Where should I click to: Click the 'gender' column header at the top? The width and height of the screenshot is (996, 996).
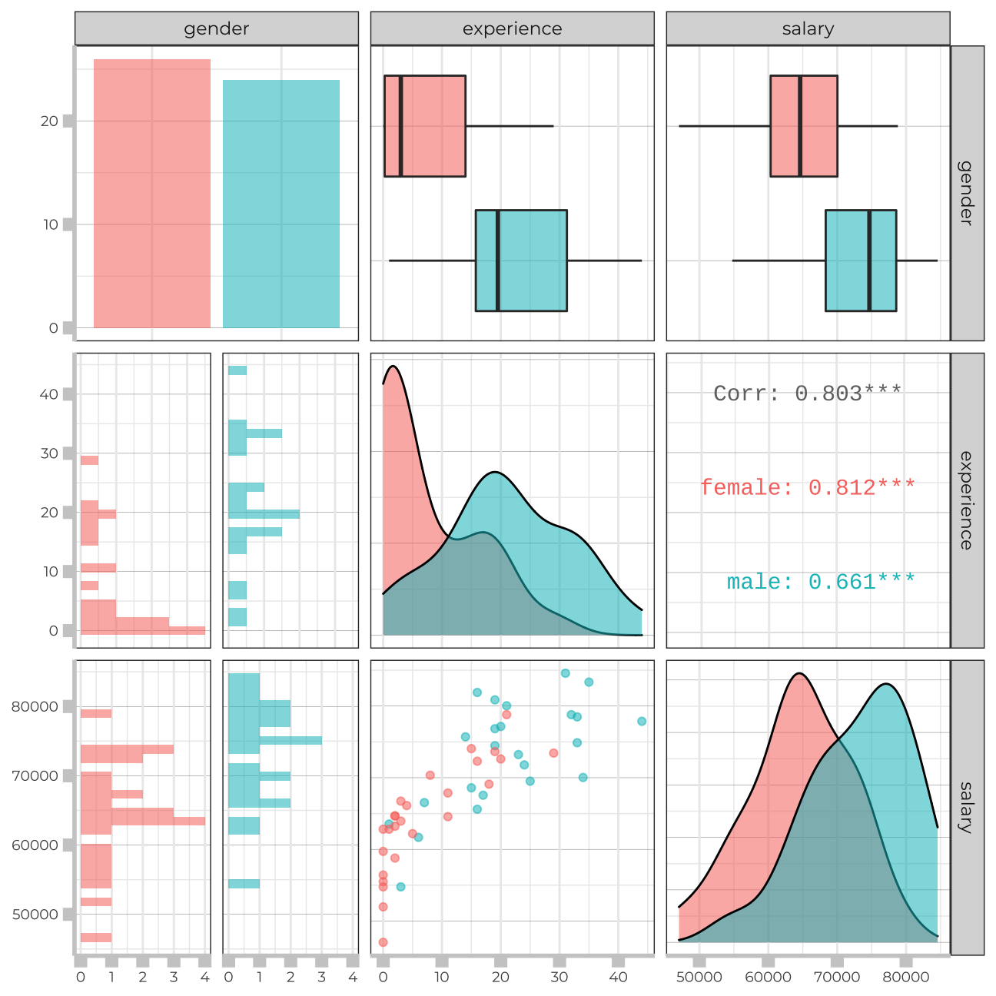pos(216,29)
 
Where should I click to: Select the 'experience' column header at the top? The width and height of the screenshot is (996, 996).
pos(512,29)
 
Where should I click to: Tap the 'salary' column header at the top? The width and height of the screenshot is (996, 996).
pos(808,29)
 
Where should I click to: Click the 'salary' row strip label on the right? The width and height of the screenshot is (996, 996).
pos(967,807)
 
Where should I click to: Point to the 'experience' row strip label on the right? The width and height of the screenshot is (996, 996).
pos(967,500)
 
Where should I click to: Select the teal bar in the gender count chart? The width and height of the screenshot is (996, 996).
pos(281,204)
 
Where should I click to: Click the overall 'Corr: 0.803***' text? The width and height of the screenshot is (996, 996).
pos(808,393)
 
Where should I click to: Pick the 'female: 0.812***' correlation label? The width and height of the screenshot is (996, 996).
pos(808,487)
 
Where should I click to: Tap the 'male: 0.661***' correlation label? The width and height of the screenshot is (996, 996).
pos(821,582)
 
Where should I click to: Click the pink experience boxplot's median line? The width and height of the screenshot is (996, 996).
pos(401,126)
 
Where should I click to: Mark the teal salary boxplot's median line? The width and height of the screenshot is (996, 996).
pos(869,261)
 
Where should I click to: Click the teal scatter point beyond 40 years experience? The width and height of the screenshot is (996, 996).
pos(642,721)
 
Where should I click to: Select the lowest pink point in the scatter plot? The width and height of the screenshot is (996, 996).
pos(383,942)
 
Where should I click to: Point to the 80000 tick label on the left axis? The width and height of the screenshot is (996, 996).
pos(35,707)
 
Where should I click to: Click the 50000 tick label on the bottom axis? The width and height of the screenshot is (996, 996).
pos(699,978)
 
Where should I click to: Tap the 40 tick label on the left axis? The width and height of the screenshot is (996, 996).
pos(49,394)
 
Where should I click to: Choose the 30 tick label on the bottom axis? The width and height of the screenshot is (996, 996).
pos(559,978)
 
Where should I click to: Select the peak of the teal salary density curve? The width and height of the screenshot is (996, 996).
pos(887,684)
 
